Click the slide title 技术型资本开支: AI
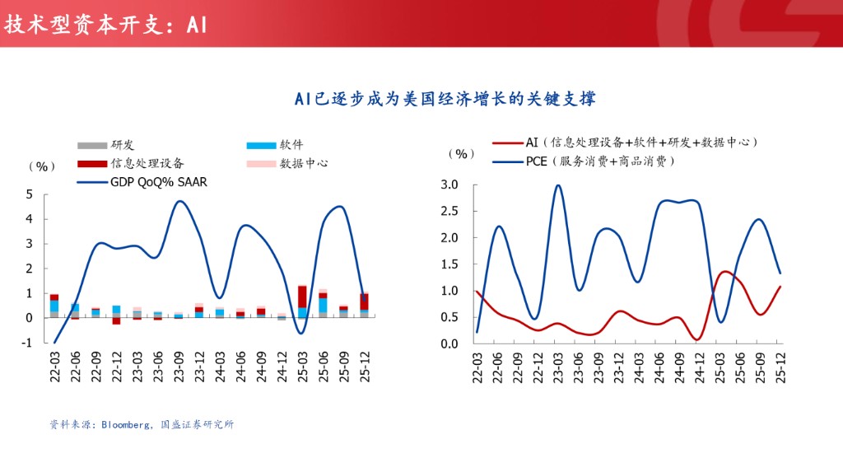coord(105,24)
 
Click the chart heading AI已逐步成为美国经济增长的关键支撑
coord(445,99)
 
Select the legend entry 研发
coord(123,145)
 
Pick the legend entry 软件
coord(291,145)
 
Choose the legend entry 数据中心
coord(304,163)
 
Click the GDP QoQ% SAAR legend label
coord(158,182)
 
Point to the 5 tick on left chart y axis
coord(30,194)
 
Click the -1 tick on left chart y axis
coord(28,343)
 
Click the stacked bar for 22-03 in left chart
coord(54,305)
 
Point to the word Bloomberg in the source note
coord(125,425)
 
